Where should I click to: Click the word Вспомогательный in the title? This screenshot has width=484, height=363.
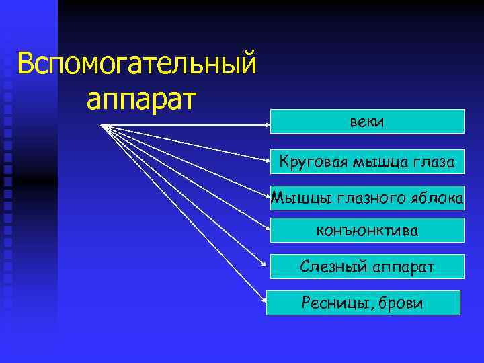pos(137,65)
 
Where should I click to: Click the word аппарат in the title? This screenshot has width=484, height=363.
pos(141,99)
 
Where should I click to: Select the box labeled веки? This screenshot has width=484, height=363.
pos(367,121)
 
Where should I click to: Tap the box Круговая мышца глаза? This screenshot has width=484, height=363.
pos(367,161)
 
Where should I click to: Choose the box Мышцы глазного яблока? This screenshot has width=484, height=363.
pos(367,198)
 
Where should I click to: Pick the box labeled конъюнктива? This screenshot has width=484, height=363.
pos(367,231)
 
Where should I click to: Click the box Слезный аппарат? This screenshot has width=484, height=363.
pos(367,266)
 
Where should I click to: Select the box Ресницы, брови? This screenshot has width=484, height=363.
pos(363,303)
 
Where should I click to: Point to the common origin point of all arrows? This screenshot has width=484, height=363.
pos(103,125)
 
